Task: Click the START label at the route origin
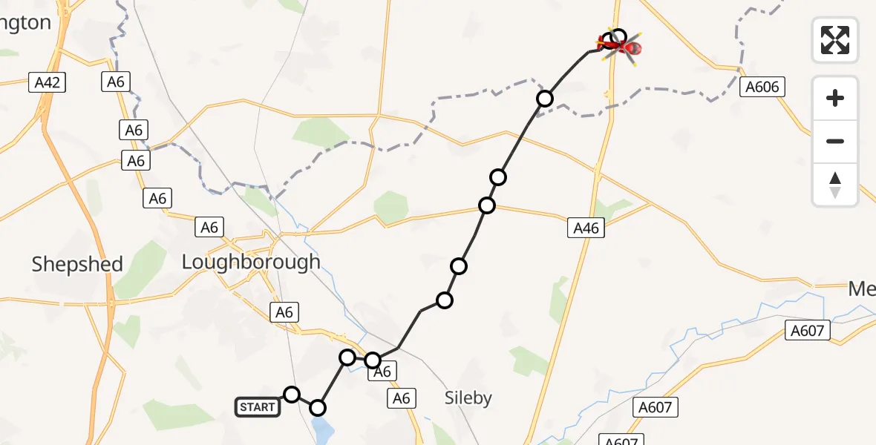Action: tap(258, 406)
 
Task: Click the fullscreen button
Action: tap(835, 40)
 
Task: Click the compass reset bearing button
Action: tap(835, 185)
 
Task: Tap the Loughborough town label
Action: tap(251, 262)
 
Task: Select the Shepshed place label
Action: tap(77, 265)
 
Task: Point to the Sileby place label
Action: tap(468, 398)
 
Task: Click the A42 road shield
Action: tap(48, 82)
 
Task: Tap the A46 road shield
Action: tap(586, 228)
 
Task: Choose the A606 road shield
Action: tap(762, 88)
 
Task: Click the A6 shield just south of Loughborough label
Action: tap(284, 312)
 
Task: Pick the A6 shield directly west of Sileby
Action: tap(402, 398)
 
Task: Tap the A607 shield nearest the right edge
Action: tap(808, 330)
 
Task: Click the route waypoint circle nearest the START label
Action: tap(292, 395)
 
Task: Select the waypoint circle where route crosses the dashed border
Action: tap(545, 99)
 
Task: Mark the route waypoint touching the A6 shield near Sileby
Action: tap(373, 360)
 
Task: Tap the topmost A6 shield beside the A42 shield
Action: tap(115, 82)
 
